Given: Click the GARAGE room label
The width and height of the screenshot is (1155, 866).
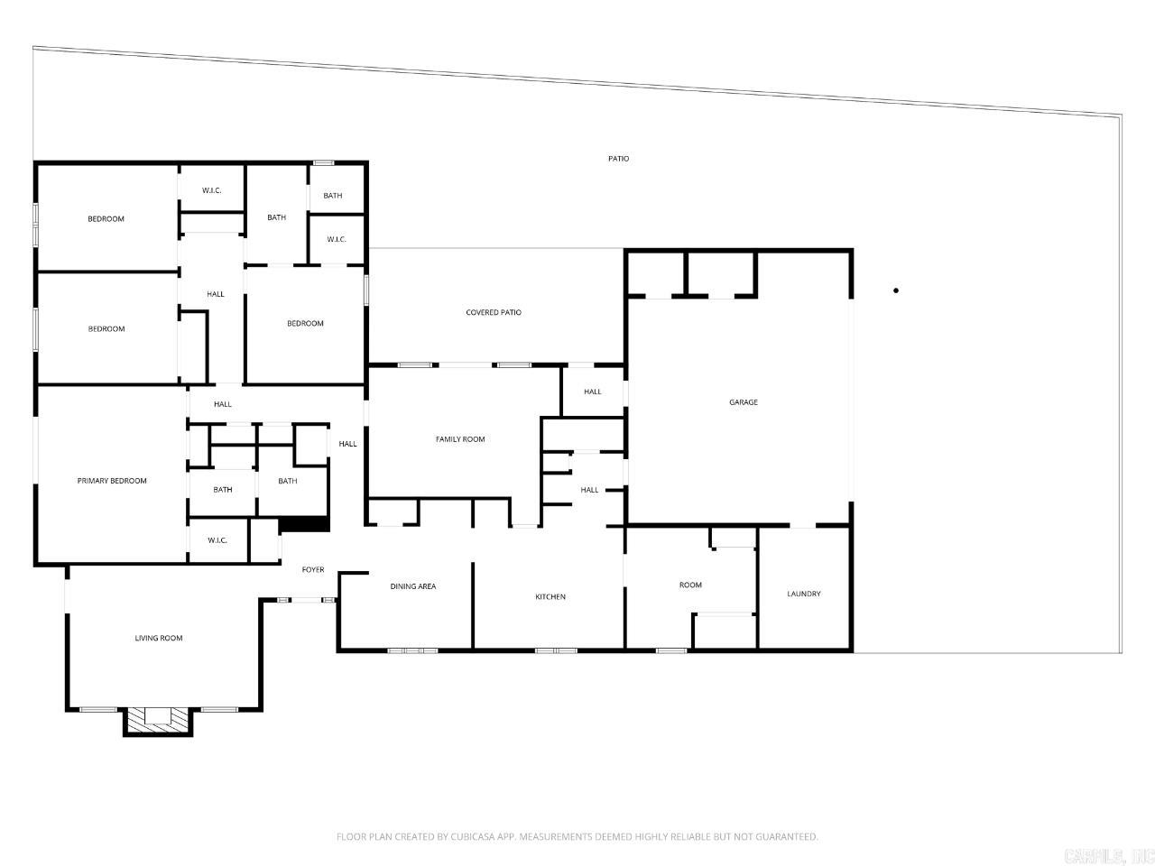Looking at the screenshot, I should pos(744,402).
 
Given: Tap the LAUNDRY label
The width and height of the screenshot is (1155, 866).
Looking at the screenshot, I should pos(804,594).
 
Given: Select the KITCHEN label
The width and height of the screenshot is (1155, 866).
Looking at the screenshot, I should pos(550,597).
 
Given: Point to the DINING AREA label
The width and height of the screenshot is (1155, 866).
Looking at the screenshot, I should pos(413,586).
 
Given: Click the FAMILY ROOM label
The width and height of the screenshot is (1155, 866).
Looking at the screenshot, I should pos(460,439).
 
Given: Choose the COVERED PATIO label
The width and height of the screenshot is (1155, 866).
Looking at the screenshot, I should pos(494,313).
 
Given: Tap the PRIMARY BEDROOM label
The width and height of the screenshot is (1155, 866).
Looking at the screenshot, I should pos(112,481).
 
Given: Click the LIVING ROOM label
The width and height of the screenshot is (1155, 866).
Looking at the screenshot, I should pos(159,639).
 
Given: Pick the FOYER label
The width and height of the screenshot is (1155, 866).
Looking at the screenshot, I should pos(313,570).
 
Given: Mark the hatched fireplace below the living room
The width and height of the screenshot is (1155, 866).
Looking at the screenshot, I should pos(158,719).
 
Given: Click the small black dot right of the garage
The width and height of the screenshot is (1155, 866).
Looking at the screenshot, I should pos(896,290).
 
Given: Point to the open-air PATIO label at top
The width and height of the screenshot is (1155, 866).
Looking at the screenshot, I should pos(618,159).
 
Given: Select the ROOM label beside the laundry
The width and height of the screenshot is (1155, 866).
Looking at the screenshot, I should pos(690,585).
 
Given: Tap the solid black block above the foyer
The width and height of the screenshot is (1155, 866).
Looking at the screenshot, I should pos(305,523).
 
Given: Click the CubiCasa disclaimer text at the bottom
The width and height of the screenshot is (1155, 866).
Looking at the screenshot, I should pos(577,837).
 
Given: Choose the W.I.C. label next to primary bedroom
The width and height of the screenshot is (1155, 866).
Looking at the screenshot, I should pos(217,540).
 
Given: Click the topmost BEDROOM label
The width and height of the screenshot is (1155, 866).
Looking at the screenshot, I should pos(106,219).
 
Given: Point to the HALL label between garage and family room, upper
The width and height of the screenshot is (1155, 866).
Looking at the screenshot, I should pos(592,392).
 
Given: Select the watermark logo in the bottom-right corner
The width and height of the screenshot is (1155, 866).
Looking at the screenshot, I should pos(1109,854).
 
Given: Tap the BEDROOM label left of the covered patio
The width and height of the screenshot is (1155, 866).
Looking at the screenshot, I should pos(305,324).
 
